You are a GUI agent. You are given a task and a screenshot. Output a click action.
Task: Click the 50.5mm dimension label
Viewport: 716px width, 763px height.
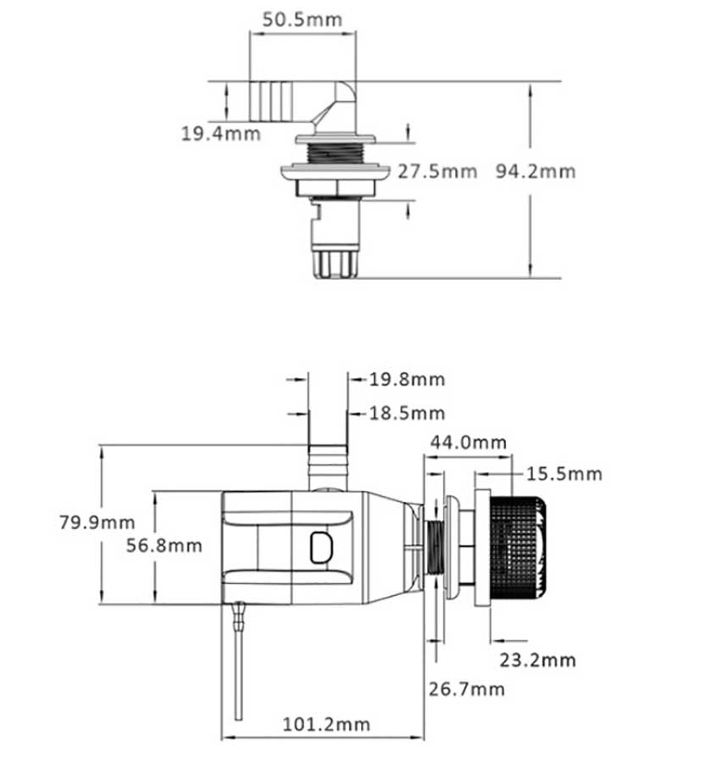tap(302, 20)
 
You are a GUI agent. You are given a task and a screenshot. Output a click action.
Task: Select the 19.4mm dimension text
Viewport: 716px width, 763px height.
tap(221, 133)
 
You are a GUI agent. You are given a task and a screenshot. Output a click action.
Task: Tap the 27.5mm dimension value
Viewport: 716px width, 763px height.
tap(437, 171)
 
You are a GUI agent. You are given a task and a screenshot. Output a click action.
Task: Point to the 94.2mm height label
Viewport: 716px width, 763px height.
tap(535, 171)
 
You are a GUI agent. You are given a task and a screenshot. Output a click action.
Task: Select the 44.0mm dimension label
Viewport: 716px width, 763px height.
tap(468, 442)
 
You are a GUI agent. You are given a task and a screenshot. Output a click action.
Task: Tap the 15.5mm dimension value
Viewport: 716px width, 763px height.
tap(564, 473)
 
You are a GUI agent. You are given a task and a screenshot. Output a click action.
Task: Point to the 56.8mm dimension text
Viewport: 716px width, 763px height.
tap(164, 545)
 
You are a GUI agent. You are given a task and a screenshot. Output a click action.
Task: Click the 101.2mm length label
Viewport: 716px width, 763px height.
tap(325, 724)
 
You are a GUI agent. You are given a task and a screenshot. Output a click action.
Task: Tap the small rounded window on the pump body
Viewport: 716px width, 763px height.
tap(321, 547)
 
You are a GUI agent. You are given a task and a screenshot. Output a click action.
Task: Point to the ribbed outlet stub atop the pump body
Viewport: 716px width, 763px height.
tap(327, 466)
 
